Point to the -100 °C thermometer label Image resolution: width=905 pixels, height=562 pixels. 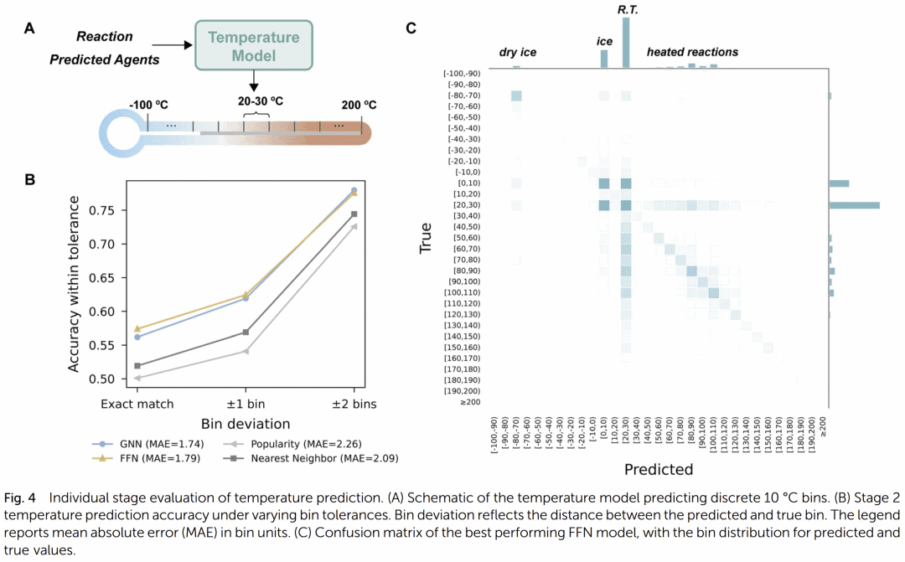148,106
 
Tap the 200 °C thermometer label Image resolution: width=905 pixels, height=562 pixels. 359,106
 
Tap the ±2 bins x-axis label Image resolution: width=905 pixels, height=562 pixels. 354,405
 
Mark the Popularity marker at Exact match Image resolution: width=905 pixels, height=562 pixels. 138,378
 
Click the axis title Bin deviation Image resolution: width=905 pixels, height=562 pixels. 246,423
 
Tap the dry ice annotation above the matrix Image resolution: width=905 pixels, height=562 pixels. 517,53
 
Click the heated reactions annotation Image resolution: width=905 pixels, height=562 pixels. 692,52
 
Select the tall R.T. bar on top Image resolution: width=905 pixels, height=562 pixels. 625,42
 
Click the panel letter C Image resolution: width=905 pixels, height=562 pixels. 411,28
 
